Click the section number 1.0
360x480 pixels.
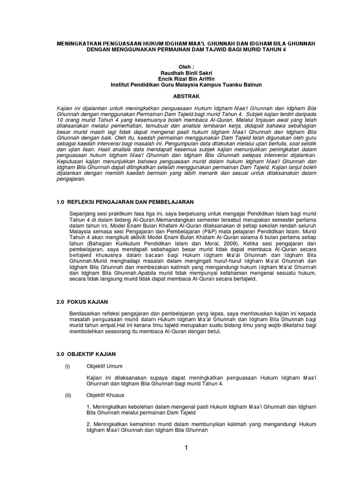[60, 202]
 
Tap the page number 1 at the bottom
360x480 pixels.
[186, 448]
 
